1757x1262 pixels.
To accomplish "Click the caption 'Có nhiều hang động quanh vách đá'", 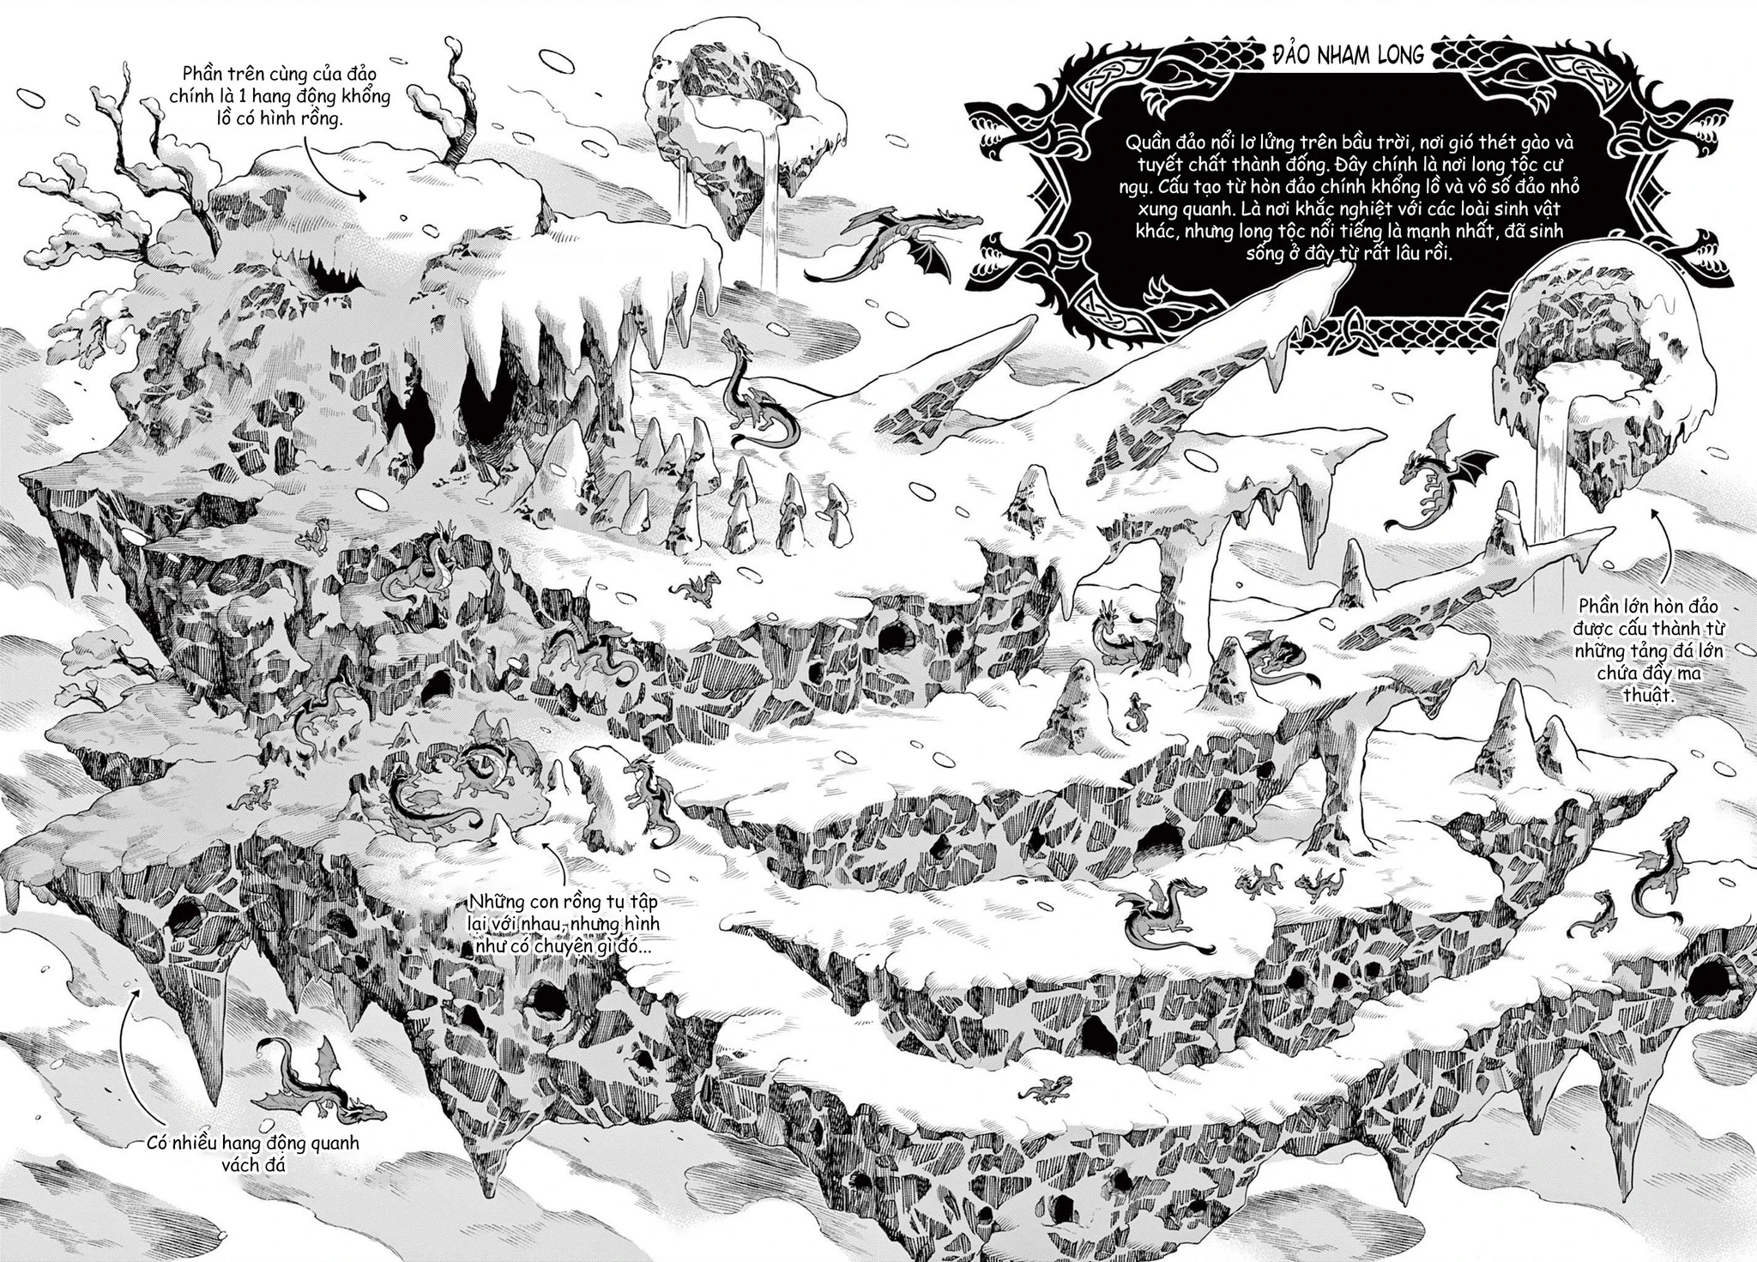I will tap(252, 1154).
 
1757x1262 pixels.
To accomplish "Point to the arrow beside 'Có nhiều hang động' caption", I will tap(129, 1055).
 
